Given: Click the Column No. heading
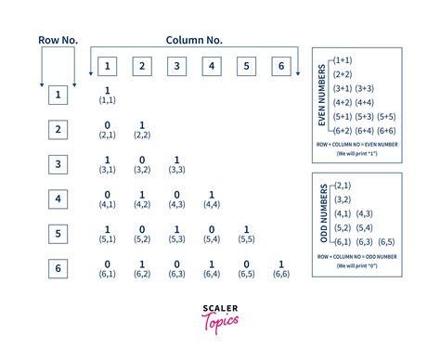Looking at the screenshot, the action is tap(194, 40).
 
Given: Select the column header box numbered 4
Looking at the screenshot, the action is tap(211, 66).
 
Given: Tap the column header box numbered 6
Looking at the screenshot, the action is tap(279, 66).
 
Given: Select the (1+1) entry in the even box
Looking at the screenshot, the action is tap(343, 59).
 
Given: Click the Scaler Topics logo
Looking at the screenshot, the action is tap(219, 314).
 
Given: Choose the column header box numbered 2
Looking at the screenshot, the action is tap(142, 66).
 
